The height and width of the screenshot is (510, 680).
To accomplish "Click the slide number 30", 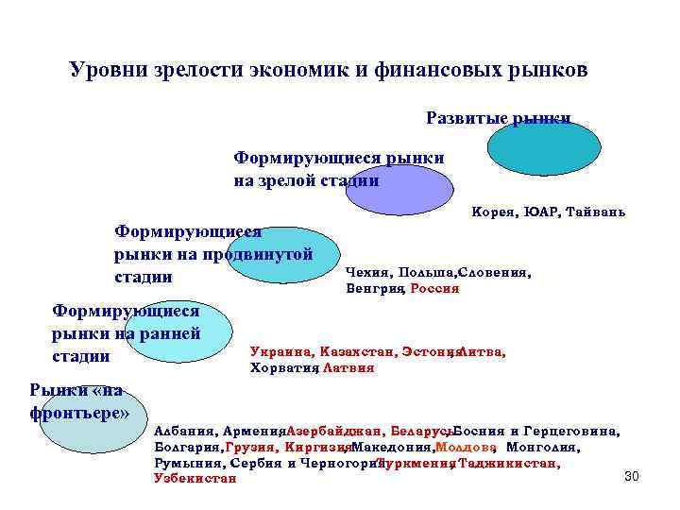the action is click(x=632, y=476).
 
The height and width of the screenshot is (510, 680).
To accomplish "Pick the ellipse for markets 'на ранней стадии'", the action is click(x=179, y=333).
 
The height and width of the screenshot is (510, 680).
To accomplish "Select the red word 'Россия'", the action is click(x=434, y=288).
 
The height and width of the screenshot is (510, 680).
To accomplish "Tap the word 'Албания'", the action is click(x=185, y=431).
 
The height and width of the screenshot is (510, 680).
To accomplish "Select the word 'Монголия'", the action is click(x=543, y=447).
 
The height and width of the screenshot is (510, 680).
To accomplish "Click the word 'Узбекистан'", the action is click(x=195, y=479).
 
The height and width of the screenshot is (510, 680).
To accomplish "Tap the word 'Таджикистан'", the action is click(x=509, y=463).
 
